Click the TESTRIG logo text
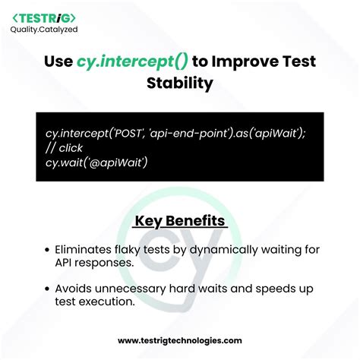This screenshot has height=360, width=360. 44,17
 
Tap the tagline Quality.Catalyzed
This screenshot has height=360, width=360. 44,30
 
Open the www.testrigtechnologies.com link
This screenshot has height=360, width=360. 180,342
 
